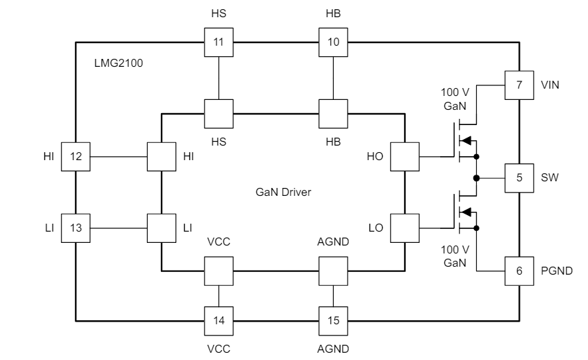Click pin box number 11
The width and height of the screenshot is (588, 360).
pyautogui.click(x=218, y=42)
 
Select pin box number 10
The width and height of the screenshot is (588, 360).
pyautogui.click(x=333, y=42)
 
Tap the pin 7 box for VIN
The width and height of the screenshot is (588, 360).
pyautogui.click(x=519, y=85)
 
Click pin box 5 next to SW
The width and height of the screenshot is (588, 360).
pyautogui.click(x=519, y=178)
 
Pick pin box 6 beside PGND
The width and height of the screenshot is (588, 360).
pyautogui.click(x=519, y=271)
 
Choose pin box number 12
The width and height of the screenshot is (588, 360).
pyautogui.click(x=75, y=157)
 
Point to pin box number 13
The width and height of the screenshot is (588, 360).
pyautogui.click(x=75, y=228)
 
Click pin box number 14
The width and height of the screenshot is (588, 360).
pyautogui.click(x=218, y=321)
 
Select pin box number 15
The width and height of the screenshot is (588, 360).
pyautogui.click(x=333, y=321)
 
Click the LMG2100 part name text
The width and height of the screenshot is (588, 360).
pyautogui.click(x=119, y=64)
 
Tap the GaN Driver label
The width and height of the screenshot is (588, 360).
pyautogui.click(x=283, y=193)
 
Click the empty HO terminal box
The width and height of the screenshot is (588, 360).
pyautogui.click(x=405, y=157)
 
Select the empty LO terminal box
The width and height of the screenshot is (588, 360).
pyautogui.click(x=405, y=228)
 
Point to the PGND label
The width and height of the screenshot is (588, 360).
pyautogui.click(x=556, y=271)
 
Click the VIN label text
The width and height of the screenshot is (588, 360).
pyautogui.click(x=550, y=85)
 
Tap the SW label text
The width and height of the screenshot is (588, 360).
pyautogui.click(x=549, y=178)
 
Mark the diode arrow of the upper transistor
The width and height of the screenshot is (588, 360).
pyautogui.click(x=466, y=140)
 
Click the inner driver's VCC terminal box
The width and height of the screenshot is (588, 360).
pyautogui.click(x=218, y=271)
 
